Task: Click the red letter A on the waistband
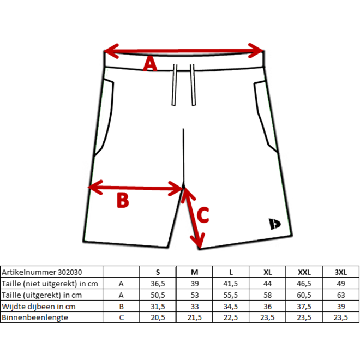click(x=150, y=65)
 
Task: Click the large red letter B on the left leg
click(x=123, y=201)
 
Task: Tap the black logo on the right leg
click(x=273, y=224)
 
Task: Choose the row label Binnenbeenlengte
click(x=35, y=317)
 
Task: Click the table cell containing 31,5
click(x=158, y=306)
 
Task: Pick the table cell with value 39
click(x=341, y=306)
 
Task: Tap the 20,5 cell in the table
click(x=158, y=317)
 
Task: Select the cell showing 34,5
click(x=231, y=306)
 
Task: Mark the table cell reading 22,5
click(x=231, y=317)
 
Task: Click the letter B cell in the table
click(x=121, y=306)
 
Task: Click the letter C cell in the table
click(x=121, y=317)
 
